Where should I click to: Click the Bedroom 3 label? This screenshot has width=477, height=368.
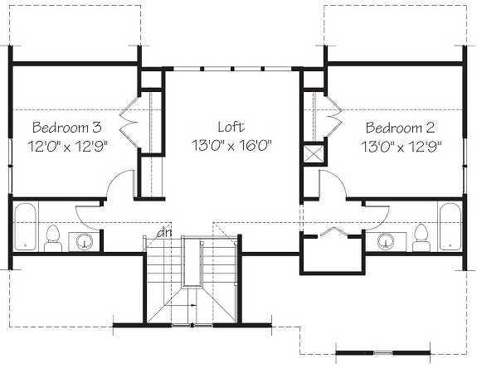(x=67, y=127)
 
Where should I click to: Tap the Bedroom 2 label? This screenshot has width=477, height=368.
(x=401, y=128)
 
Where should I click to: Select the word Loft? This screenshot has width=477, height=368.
(x=231, y=127)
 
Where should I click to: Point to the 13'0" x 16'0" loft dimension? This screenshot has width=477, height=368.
(x=231, y=145)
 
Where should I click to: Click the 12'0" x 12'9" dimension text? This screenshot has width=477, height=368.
(x=68, y=146)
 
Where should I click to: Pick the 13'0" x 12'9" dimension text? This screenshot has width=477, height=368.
(x=402, y=147)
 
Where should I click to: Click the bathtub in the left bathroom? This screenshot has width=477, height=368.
(x=26, y=226)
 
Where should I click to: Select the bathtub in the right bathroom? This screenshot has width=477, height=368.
(x=450, y=227)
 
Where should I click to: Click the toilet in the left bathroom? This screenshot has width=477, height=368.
(x=53, y=239)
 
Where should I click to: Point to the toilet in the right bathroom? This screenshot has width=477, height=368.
(x=421, y=239)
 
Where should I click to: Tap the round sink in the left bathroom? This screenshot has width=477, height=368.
(x=85, y=242)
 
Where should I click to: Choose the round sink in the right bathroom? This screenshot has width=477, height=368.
(x=386, y=242)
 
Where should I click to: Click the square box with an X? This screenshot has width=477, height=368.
(x=314, y=154)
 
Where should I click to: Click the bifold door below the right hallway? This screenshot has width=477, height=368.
(x=333, y=231)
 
